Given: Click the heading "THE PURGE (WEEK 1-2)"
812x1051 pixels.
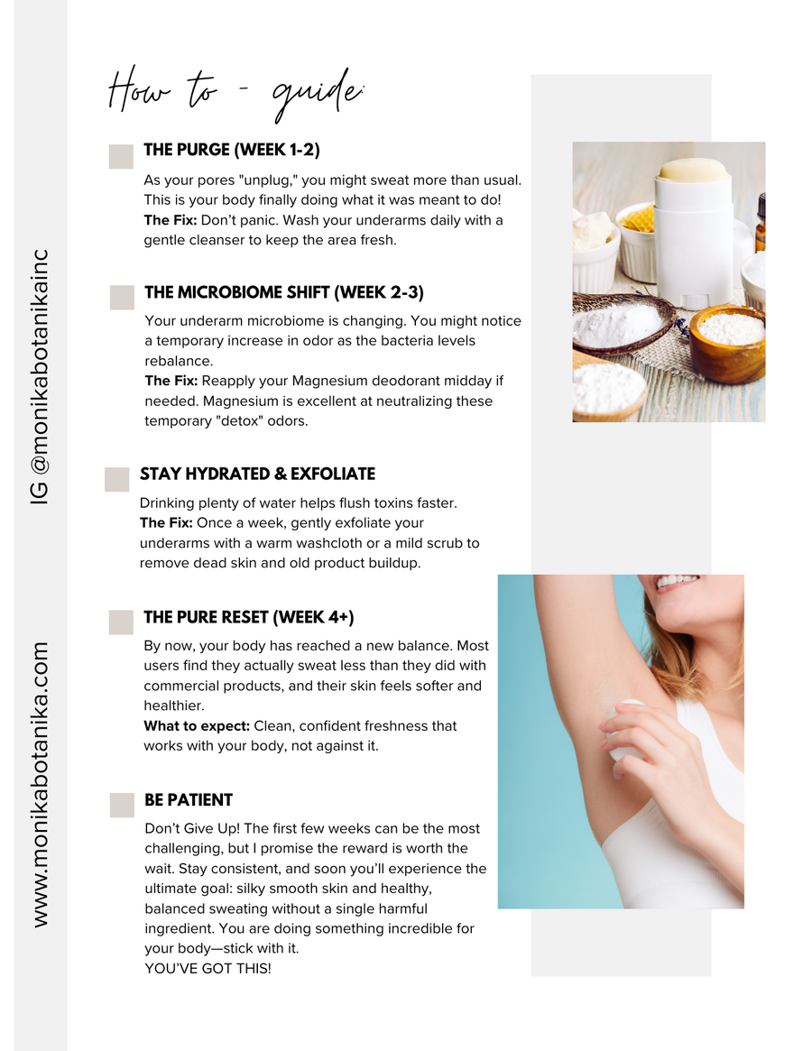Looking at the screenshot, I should tap(232, 150).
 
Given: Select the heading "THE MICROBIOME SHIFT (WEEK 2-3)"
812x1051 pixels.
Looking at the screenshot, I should tap(284, 293).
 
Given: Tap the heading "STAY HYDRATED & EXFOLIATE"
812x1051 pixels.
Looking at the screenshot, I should tap(257, 474).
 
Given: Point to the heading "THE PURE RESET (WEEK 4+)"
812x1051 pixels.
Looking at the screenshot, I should tap(249, 618).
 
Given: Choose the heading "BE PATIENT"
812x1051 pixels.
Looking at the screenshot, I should tap(189, 800).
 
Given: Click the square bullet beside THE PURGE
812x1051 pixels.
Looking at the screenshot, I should tap(121, 156).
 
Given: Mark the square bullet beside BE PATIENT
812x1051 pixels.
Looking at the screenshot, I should tap(122, 806).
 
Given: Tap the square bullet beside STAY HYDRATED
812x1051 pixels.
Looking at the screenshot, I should tap(117, 479).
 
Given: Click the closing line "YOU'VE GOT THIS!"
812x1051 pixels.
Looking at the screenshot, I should tap(208, 969).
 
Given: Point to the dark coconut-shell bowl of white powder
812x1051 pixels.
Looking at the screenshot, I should tap(620, 321).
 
